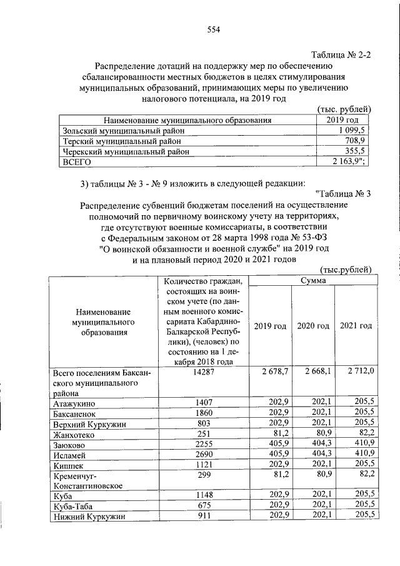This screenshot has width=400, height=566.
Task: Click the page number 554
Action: (214, 29)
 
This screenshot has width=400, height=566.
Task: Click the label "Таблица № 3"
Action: (344, 193)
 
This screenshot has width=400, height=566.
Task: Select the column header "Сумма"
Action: (312, 281)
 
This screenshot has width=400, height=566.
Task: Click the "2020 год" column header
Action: (312, 326)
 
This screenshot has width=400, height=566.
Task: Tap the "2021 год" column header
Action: (355, 326)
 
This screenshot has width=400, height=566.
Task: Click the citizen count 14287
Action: (204, 371)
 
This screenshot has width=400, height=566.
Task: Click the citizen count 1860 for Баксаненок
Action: (204, 414)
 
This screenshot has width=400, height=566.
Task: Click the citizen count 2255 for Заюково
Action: (204, 446)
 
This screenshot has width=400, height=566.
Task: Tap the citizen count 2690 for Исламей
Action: (204, 457)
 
